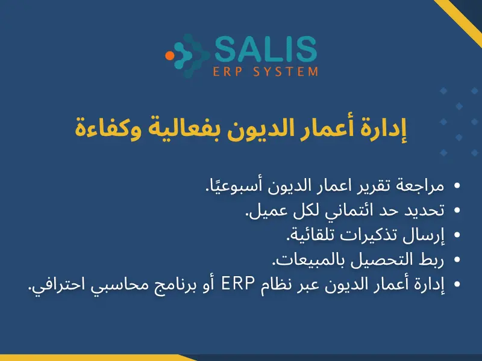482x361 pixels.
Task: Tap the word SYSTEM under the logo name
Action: pos(292,72)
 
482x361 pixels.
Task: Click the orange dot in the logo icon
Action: pos(171,55)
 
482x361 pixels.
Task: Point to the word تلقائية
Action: pos(299,235)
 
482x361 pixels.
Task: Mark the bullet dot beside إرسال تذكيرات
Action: pos(457,236)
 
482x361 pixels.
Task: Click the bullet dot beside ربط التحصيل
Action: pos(457,261)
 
